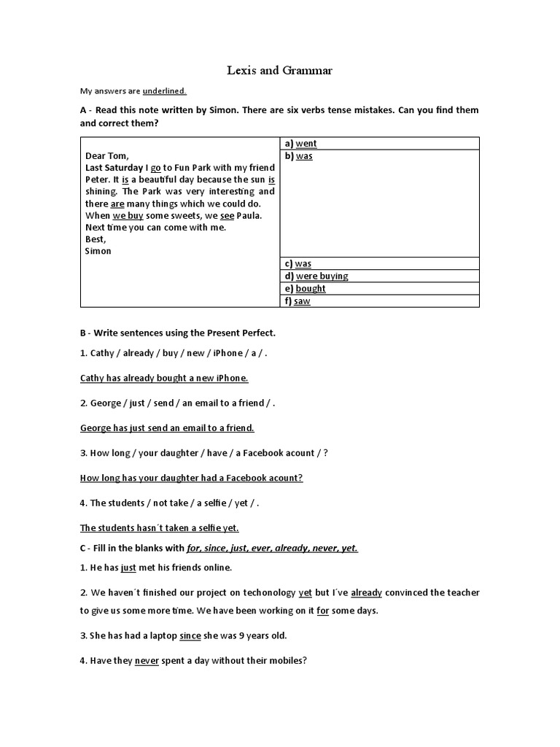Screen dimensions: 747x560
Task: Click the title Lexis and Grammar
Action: coord(279,71)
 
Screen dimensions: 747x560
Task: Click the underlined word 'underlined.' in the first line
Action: coord(164,91)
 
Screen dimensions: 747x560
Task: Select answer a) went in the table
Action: coord(306,144)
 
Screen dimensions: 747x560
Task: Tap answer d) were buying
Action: coord(322,276)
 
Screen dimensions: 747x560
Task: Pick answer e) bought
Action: coord(311,289)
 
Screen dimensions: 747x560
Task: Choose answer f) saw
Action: coord(303,301)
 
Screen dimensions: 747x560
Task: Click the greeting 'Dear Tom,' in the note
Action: coord(107,155)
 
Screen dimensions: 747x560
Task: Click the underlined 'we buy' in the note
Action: coord(128,216)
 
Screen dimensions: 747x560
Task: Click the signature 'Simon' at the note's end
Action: coord(98,251)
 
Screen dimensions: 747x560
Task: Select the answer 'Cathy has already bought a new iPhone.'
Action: coord(164,378)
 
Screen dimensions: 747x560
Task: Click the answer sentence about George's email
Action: coord(166,428)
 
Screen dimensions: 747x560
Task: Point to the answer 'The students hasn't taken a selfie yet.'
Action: coord(159,528)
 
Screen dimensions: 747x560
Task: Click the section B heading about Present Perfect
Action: coord(178,333)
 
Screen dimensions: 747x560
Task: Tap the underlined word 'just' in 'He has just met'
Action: coord(128,568)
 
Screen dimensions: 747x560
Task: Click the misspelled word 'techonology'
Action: coord(268,593)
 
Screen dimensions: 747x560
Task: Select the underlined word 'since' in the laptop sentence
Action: coord(190,636)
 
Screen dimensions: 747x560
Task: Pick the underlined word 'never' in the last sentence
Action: coord(147,662)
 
